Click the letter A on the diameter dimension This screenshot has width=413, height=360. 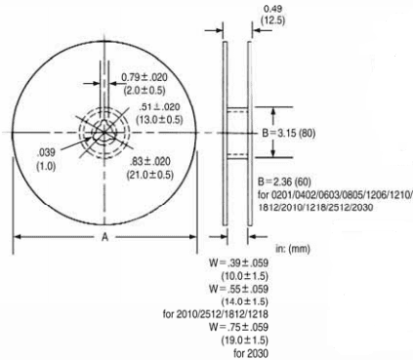(x=104, y=237)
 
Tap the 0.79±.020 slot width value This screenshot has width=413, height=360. (x=145, y=77)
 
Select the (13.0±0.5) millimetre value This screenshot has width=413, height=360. (x=159, y=120)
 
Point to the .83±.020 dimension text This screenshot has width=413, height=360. (x=149, y=161)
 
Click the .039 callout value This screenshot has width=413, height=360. (x=46, y=152)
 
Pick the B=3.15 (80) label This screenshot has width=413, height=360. (x=288, y=133)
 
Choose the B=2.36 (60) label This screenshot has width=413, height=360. (x=284, y=181)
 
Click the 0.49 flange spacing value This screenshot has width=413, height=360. (x=272, y=9)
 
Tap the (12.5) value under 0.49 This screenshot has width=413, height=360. (x=272, y=20)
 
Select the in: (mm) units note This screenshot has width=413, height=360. (x=293, y=249)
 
